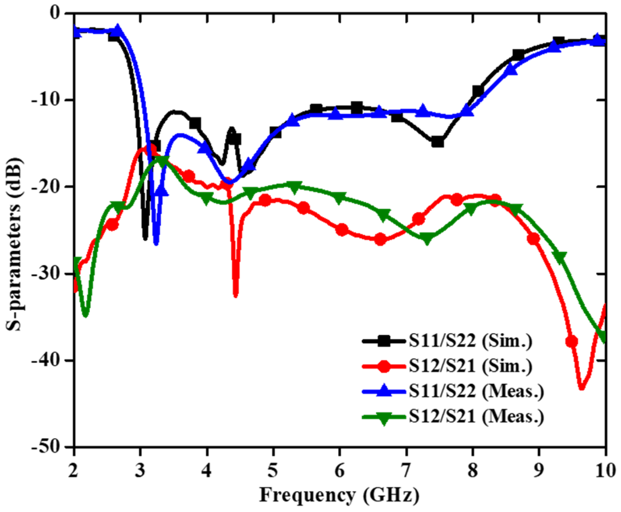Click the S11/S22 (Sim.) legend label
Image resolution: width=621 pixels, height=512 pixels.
(x=470, y=341)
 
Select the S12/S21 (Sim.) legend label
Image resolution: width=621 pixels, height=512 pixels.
(x=470, y=366)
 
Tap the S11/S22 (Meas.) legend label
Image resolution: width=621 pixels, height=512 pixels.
(x=476, y=391)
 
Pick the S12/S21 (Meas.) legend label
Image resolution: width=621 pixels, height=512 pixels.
(x=476, y=416)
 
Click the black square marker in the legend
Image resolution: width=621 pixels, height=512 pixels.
(x=383, y=341)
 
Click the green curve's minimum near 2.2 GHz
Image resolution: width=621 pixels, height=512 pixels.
(x=85, y=315)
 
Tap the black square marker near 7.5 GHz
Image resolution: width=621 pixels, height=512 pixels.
(x=438, y=142)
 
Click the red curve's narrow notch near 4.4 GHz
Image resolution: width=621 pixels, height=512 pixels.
(x=236, y=295)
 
